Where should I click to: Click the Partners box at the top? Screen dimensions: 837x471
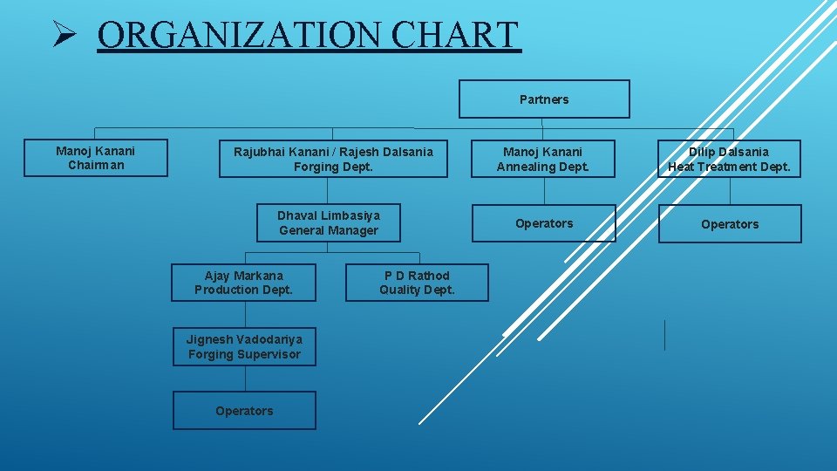coord(544,99)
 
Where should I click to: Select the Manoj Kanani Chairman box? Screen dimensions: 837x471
coord(96,158)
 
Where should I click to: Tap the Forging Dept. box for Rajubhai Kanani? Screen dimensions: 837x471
coord(333,159)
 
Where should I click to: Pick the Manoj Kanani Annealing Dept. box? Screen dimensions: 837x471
coord(543,159)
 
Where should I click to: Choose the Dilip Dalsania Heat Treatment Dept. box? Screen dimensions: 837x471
coord(729,159)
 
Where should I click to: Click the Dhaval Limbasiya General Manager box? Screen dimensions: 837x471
coord(329,223)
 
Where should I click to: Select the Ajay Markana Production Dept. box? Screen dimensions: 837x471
coord(243,283)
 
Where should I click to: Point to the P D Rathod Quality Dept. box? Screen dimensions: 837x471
coord(417,283)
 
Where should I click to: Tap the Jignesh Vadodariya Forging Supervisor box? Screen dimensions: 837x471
coord(244,347)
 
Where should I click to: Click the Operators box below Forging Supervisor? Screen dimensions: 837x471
coord(244,411)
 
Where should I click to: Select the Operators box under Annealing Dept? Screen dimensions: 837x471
coord(544,223)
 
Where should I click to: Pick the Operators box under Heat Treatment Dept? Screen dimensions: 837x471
coord(730,224)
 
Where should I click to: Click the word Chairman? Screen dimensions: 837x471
coord(96,166)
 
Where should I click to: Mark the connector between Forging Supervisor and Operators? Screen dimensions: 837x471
coord(245,379)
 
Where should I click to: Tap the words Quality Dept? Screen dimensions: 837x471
coord(417,290)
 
